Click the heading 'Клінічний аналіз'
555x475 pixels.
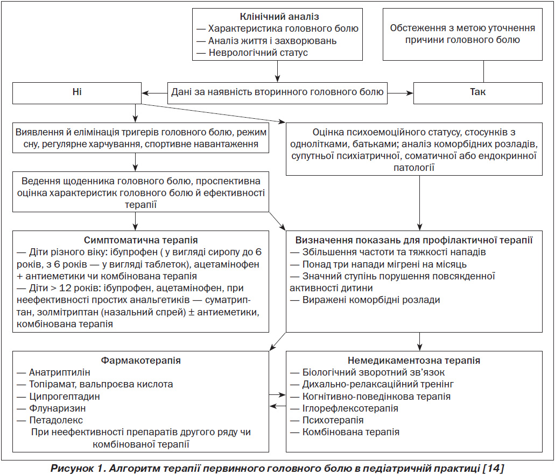pyautogui.click(x=279, y=17)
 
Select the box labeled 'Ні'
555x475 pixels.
pyautogui.click(x=77, y=93)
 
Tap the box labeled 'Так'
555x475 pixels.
pyautogui.click(x=478, y=93)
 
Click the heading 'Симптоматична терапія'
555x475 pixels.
pyautogui.click(x=140, y=240)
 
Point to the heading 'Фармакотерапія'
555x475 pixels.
pyautogui.click(x=140, y=361)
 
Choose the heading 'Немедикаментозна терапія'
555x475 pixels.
pyautogui.click(x=414, y=361)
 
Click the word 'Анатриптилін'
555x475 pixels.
pyautogui.click(x=59, y=372)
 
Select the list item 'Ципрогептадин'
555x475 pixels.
pyautogui.click(x=65, y=397)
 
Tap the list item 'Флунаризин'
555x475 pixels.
pyautogui.click(x=58, y=408)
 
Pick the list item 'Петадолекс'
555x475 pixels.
pyautogui.click(x=56, y=420)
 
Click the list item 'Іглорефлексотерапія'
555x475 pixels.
pyautogui.click(x=350, y=408)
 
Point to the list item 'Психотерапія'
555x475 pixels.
pyautogui.click(x=333, y=420)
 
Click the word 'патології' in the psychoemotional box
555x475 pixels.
pyautogui.click(x=414, y=168)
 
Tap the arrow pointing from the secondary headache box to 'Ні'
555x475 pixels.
pyautogui.click(x=154, y=93)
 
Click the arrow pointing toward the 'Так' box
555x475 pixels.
pyautogui.click(x=401, y=93)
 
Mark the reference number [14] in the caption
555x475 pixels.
pyautogui.click(x=493, y=469)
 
